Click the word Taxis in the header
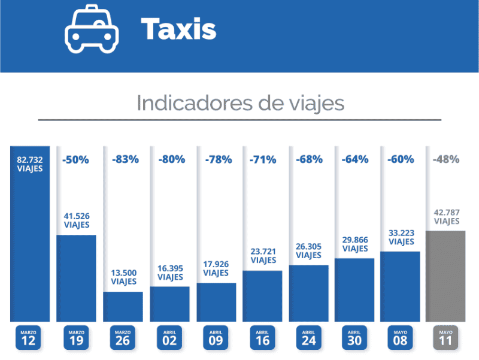(x=178, y=29)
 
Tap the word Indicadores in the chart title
(x=188, y=102)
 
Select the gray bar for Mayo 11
(x=445, y=276)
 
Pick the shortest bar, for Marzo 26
(x=123, y=306)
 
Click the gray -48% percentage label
(x=445, y=159)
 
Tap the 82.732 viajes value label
(x=29, y=164)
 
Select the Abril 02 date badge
(x=169, y=337)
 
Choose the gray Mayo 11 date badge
(x=445, y=337)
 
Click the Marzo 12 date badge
(x=29, y=337)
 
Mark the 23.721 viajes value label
(x=263, y=256)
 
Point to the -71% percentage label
(x=263, y=159)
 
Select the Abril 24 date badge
(x=308, y=337)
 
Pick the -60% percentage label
(x=401, y=159)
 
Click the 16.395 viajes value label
(x=171, y=273)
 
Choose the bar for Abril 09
(x=216, y=302)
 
